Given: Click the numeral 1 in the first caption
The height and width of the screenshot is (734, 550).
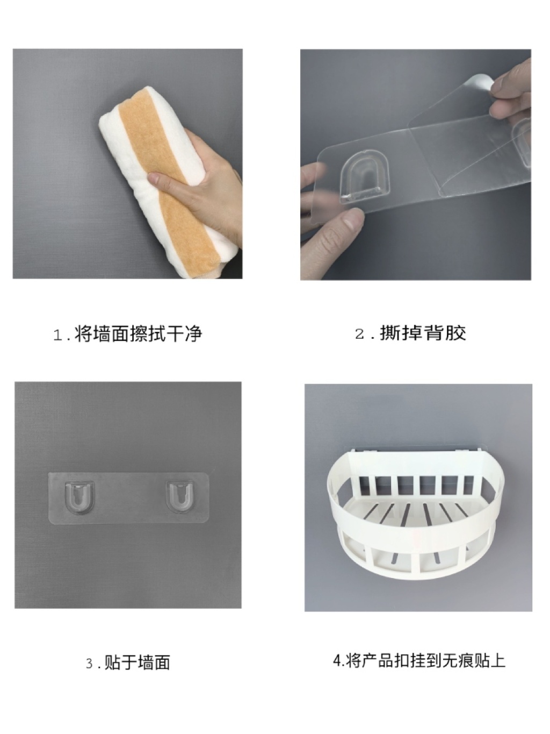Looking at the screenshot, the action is point(58,336).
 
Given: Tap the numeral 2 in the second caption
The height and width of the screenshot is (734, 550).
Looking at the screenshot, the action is point(360,334).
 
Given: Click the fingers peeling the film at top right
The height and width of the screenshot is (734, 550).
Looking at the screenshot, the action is point(511,90).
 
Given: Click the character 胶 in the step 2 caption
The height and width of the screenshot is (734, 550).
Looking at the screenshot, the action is point(455,333).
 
